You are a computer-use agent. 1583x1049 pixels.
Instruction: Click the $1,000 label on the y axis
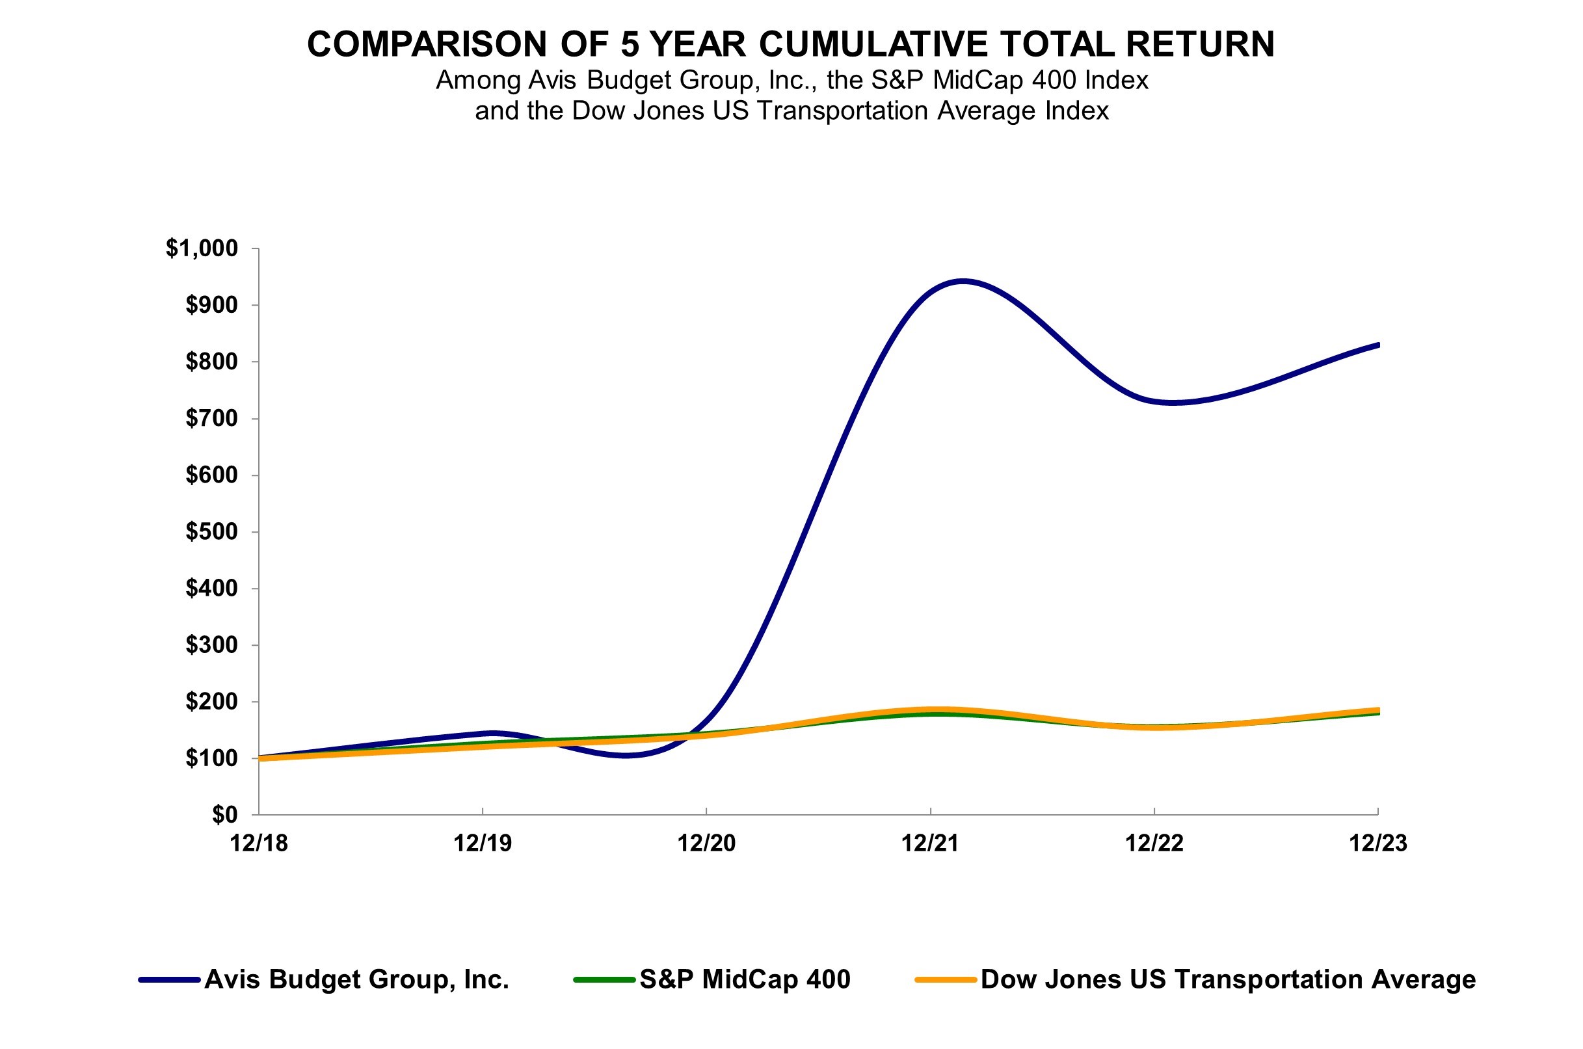click(x=202, y=248)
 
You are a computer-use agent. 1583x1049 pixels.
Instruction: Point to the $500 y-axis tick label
click(x=211, y=531)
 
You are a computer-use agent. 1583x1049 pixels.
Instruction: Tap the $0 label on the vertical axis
click(x=224, y=814)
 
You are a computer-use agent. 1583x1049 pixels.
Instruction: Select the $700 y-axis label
click(x=211, y=418)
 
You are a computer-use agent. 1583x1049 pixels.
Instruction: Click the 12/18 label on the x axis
click(x=259, y=843)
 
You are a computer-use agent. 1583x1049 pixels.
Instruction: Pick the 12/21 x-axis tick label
click(x=930, y=843)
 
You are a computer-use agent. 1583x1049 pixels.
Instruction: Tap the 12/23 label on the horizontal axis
click(x=1377, y=843)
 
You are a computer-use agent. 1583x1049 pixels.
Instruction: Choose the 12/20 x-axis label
click(x=706, y=843)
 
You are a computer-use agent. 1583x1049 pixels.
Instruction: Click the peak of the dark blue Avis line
click(x=962, y=281)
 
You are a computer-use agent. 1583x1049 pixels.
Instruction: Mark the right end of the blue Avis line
click(x=1377, y=345)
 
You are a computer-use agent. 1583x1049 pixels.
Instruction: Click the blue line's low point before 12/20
click(x=626, y=755)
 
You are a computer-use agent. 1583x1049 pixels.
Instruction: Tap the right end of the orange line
click(x=1377, y=710)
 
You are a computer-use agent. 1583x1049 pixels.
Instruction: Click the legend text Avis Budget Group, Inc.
click(x=356, y=979)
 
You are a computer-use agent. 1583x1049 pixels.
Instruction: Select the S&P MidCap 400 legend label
click(x=745, y=979)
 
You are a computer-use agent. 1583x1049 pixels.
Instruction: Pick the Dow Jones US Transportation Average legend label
click(x=1228, y=979)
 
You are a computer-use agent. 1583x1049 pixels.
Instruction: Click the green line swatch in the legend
click(x=604, y=980)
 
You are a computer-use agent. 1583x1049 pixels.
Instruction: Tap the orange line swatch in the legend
click(x=946, y=980)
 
